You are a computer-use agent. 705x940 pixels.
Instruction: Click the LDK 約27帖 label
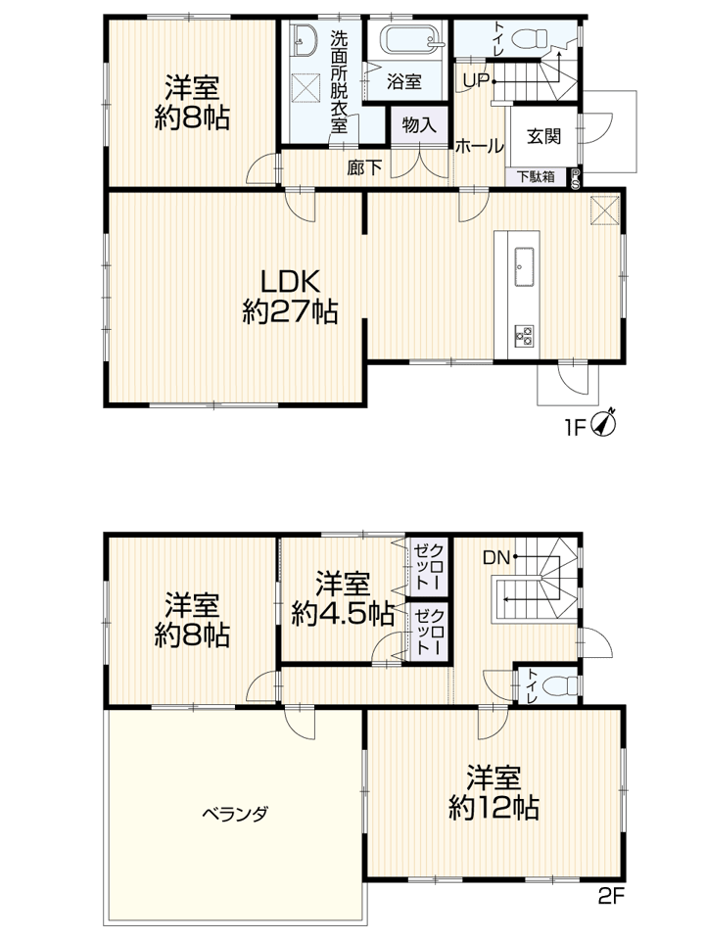(290, 296)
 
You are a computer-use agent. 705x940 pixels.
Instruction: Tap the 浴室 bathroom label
(404, 81)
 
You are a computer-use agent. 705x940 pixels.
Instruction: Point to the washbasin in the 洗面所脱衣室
(305, 41)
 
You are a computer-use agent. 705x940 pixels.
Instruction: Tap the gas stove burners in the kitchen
(523, 335)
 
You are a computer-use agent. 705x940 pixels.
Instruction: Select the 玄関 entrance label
(543, 137)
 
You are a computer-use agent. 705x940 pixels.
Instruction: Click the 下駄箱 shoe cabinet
(536, 177)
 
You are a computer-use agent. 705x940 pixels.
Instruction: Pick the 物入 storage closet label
(419, 125)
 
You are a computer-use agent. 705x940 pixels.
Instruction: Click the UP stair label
(476, 81)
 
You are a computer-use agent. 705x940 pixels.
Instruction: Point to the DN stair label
(496, 558)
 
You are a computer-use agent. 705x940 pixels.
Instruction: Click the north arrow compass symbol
(604, 423)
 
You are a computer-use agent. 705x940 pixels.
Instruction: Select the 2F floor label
(611, 897)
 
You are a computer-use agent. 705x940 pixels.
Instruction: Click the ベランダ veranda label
(234, 814)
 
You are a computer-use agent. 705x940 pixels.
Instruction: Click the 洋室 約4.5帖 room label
(343, 598)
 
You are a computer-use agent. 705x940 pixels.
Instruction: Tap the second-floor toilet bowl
(563, 684)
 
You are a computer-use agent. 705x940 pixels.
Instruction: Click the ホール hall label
(479, 146)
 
